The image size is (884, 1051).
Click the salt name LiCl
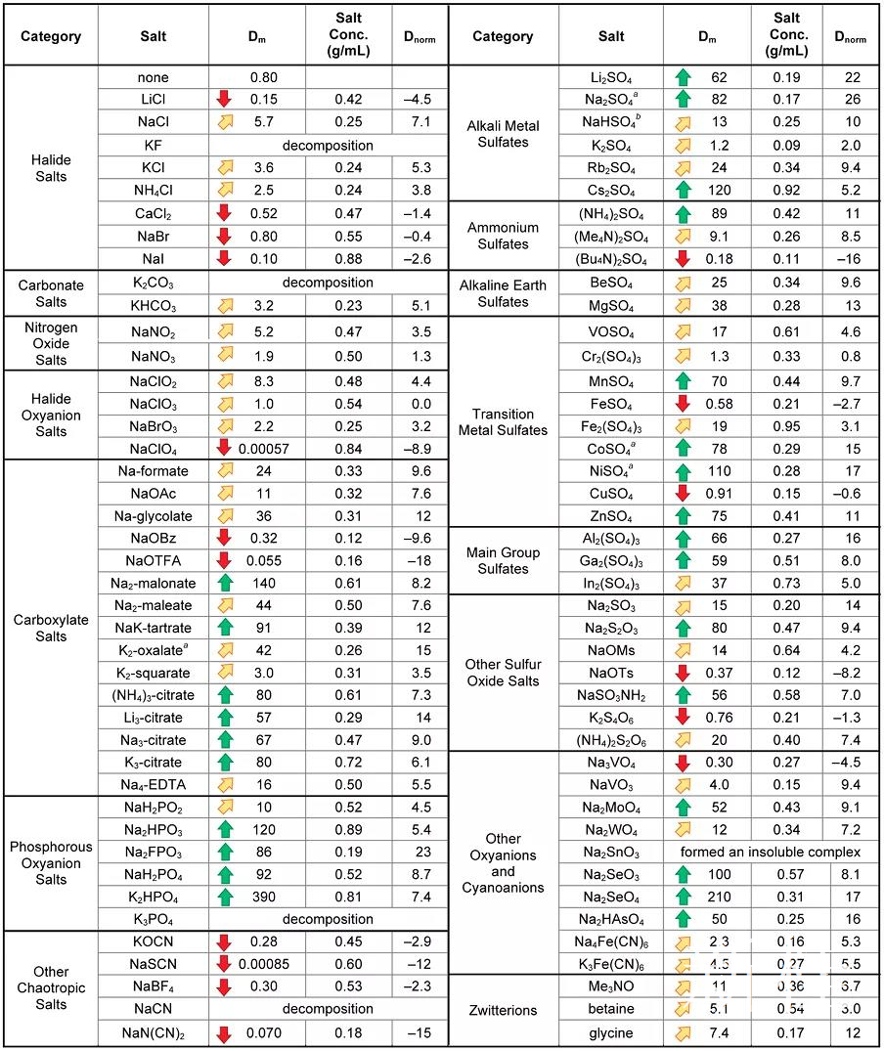153,99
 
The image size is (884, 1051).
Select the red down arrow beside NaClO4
223,448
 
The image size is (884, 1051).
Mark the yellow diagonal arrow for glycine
682,1033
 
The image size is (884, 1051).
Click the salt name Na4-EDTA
153,784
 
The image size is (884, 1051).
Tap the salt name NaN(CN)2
153,1033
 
